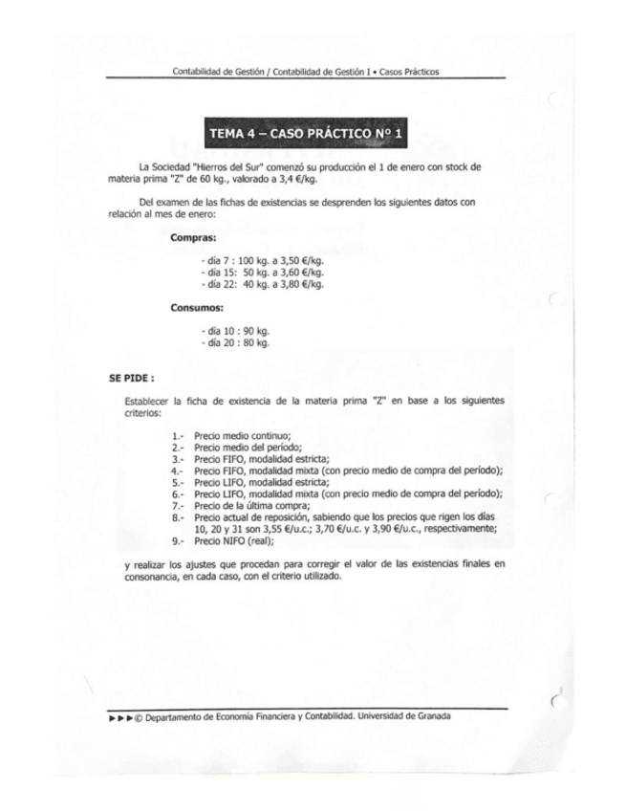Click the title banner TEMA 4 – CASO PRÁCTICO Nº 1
point(307,133)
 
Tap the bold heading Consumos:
point(197,308)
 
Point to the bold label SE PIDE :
point(131,377)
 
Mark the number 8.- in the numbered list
point(178,517)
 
